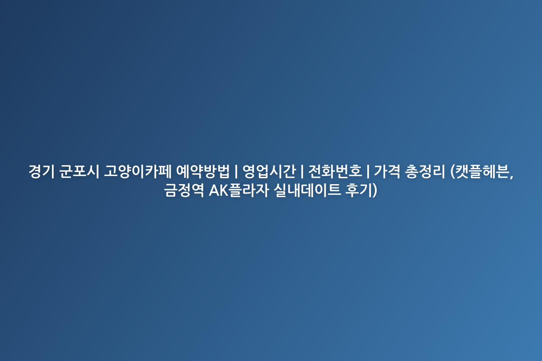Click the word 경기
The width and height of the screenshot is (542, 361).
[42, 171]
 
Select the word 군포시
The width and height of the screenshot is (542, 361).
[79, 171]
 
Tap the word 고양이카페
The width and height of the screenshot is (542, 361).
[137, 171]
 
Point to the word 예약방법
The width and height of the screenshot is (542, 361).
[202, 171]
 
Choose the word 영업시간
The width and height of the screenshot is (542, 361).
[269, 171]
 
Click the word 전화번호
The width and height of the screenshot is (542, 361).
[335, 171]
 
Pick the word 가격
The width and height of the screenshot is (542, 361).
[387, 171]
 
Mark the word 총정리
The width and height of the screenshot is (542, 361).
[425, 171]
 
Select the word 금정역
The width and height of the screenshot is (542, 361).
[184, 190]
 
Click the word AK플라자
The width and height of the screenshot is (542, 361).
[239, 190]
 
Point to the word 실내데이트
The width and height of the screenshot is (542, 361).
[307, 190]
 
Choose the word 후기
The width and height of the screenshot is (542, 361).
[358, 190]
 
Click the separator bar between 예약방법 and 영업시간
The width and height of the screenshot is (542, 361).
[236, 171]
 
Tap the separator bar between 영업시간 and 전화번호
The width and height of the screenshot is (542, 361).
[302, 171]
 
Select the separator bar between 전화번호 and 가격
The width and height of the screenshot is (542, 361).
[368, 171]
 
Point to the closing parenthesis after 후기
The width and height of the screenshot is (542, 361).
[374, 190]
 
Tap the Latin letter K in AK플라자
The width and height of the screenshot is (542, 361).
[224, 191]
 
